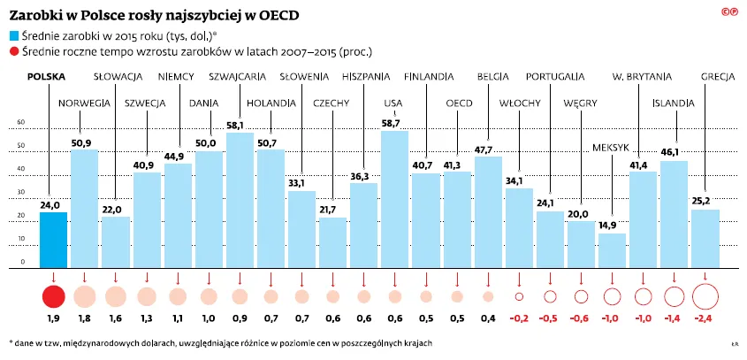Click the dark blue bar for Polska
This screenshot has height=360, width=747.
(x=53, y=239)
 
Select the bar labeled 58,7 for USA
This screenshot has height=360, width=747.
(x=394, y=199)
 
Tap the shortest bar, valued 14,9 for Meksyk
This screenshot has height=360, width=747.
(x=612, y=249)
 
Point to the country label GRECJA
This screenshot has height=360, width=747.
(x=718, y=77)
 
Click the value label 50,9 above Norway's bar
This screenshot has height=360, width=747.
(x=83, y=142)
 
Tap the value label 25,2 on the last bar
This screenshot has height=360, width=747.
(x=705, y=201)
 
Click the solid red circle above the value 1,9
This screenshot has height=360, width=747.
(x=53, y=296)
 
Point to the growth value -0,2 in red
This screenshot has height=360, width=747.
(x=519, y=318)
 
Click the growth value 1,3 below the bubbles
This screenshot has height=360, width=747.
(x=146, y=318)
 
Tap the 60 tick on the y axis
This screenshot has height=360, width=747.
(x=21, y=123)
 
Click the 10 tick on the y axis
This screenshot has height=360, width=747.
(x=21, y=239)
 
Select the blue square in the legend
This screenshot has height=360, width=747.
(x=13, y=36)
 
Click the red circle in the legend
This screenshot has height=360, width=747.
(x=13, y=52)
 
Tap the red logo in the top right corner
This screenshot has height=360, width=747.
(x=729, y=11)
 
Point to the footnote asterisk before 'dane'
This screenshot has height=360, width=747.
(x=11, y=341)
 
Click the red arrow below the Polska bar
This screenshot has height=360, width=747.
(x=53, y=276)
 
